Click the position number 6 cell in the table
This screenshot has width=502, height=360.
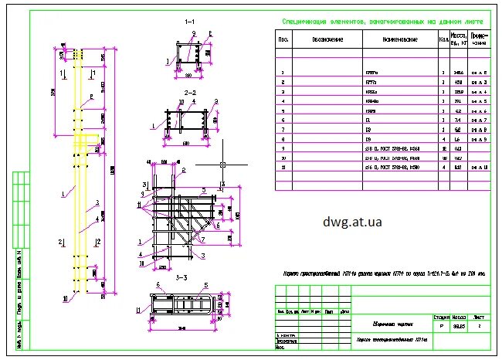283,121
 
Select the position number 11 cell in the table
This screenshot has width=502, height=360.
283,167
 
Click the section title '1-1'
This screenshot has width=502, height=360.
189,23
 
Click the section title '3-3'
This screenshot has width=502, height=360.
182,277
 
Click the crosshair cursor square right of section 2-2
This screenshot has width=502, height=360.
222,165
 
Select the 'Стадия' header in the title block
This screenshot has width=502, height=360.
442,317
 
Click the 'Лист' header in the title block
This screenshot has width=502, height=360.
479,317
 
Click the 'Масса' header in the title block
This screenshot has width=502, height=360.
460,317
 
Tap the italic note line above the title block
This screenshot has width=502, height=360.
384,273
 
